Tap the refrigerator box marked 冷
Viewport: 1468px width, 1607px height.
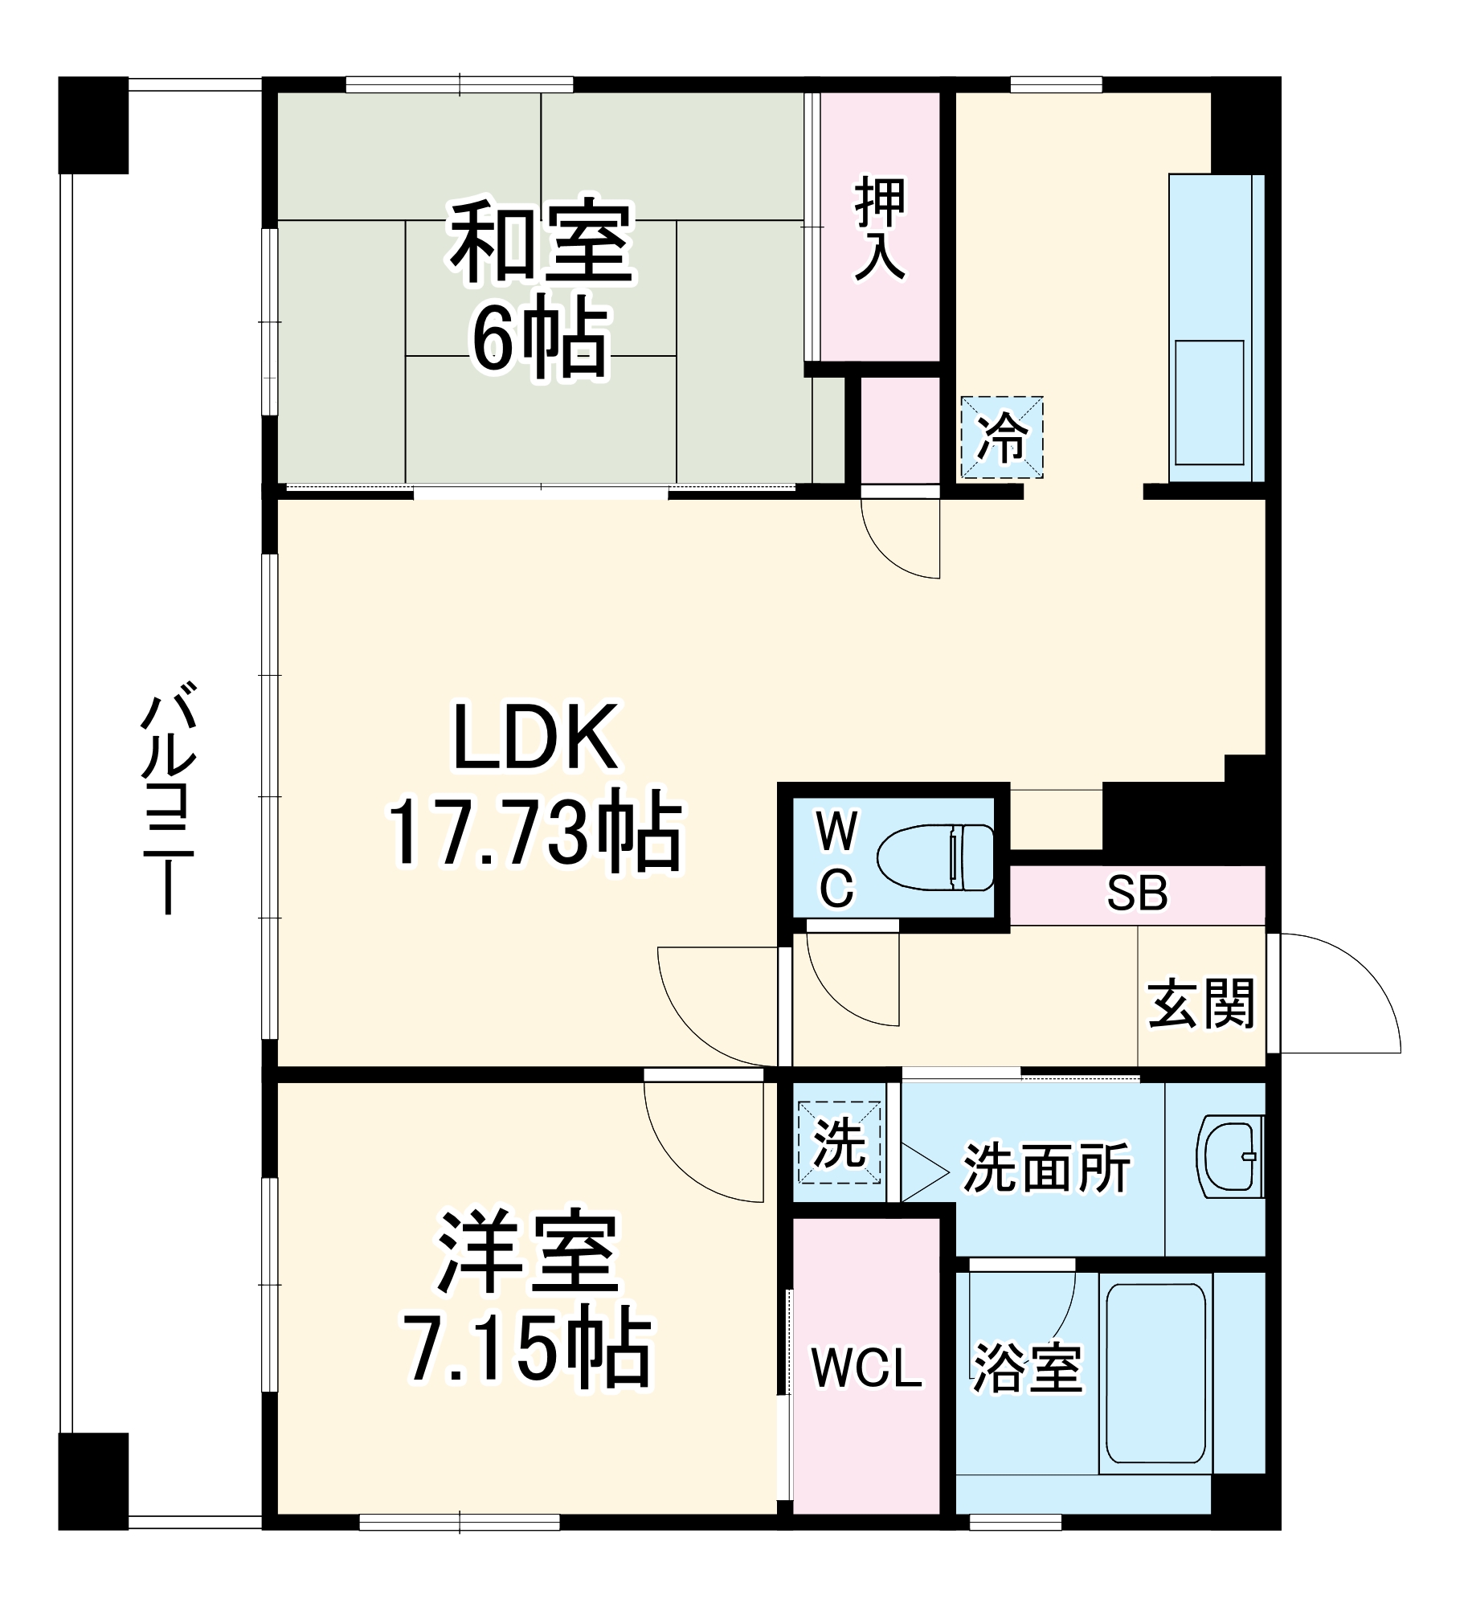(1002, 438)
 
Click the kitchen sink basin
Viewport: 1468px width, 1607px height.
(1208, 402)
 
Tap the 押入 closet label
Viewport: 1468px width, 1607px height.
(880, 229)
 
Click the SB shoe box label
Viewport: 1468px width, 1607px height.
(1136, 893)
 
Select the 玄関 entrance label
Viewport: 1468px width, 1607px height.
(1201, 1004)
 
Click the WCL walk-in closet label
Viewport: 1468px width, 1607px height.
(866, 1367)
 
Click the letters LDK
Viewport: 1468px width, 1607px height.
(536, 738)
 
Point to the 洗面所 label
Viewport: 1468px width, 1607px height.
(1046, 1167)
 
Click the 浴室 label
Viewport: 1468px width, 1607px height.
(1027, 1367)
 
